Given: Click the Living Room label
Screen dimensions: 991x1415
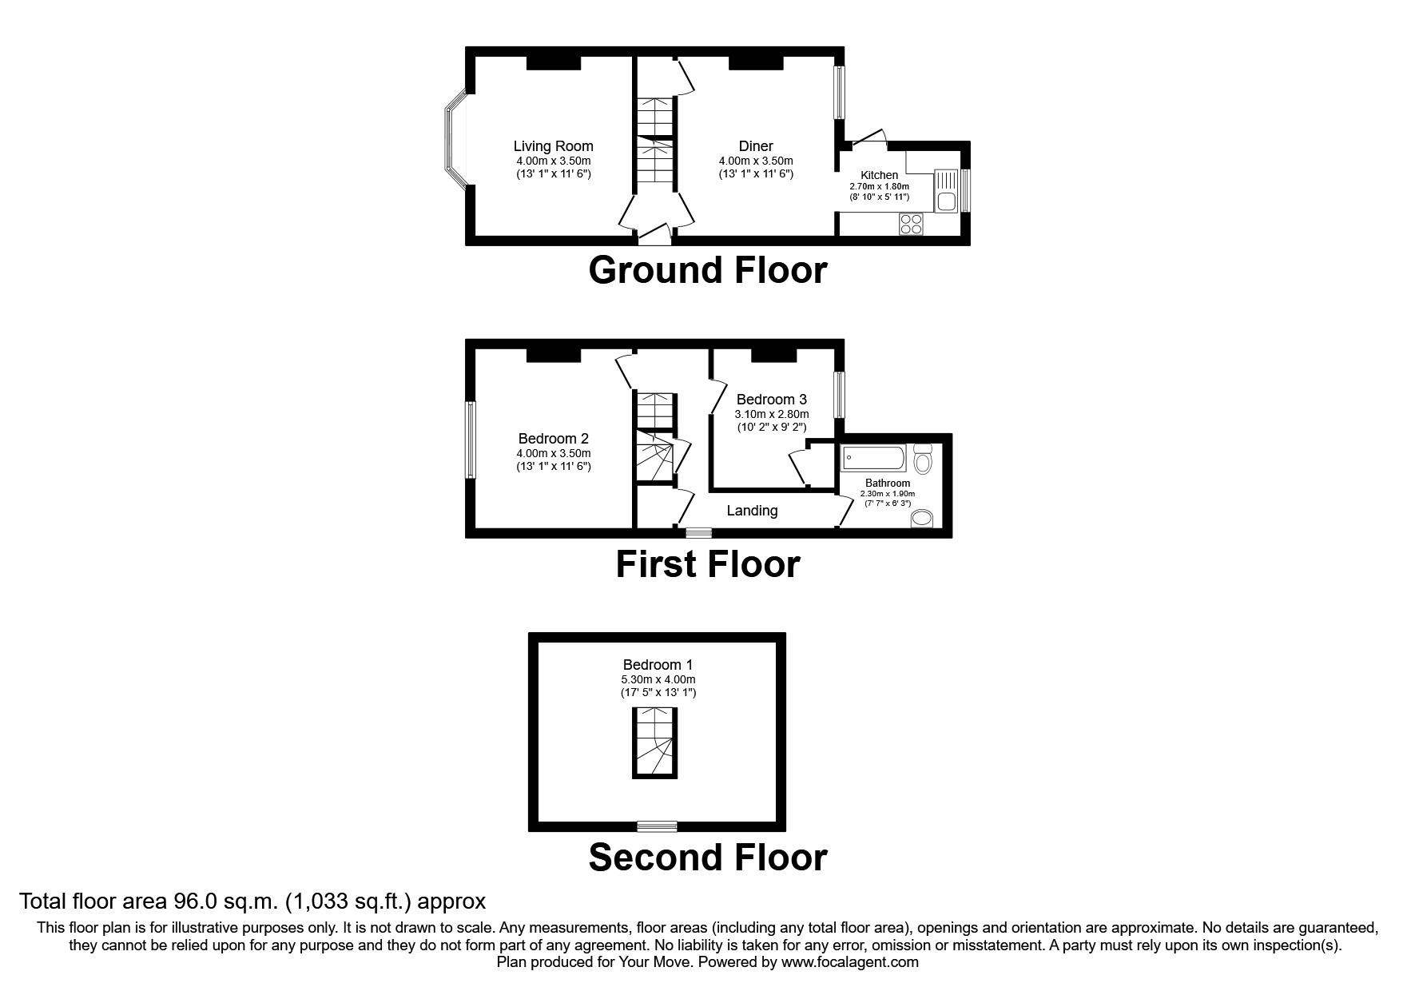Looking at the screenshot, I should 553,146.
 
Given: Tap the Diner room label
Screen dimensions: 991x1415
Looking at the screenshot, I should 755,146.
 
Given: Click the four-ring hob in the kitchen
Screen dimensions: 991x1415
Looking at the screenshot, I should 911,224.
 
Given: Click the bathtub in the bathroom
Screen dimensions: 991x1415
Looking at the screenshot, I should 873,459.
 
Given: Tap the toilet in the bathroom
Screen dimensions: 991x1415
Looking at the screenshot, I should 924,460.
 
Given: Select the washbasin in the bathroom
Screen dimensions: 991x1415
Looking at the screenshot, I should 922,519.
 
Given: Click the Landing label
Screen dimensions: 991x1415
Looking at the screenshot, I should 752,511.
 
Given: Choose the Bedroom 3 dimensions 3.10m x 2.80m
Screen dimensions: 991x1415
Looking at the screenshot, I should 772,414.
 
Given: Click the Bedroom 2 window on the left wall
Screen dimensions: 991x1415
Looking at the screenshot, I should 471,440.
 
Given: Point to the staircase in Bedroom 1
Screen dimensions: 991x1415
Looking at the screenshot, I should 656,742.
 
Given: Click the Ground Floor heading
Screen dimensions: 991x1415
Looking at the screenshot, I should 707,270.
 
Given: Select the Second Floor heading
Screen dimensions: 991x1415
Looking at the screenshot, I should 707,858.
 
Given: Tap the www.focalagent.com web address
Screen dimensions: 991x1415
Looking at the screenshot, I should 849,962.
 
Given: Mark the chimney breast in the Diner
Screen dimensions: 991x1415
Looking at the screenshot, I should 755,62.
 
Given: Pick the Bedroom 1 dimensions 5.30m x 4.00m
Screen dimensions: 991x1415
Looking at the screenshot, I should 658,679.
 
